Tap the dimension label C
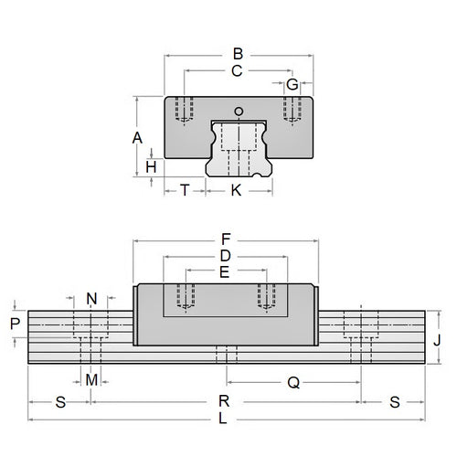click(238, 69)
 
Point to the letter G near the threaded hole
click(292, 85)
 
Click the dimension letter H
click(152, 166)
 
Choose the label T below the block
click(185, 190)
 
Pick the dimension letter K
click(238, 190)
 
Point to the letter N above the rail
click(90, 299)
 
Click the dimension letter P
click(14, 324)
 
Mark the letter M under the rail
click(90, 378)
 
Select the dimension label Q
click(292, 384)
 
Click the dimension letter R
click(225, 401)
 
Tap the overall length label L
click(225, 419)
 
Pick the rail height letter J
click(441, 338)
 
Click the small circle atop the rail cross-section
click(239, 112)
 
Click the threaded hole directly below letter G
click(292, 111)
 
